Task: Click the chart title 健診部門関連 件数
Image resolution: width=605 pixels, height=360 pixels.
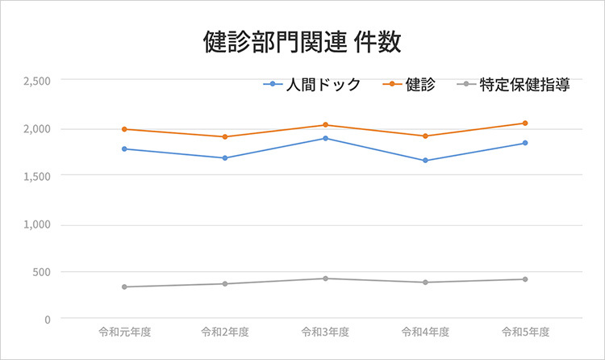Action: click(302, 42)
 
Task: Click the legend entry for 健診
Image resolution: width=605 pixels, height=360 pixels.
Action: click(419, 85)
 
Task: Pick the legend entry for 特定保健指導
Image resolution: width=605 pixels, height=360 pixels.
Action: click(524, 85)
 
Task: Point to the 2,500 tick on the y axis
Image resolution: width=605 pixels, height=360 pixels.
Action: click(37, 81)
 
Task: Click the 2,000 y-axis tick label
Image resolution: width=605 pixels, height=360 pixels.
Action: click(37, 129)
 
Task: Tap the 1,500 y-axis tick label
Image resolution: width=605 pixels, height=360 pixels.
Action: click(37, 176)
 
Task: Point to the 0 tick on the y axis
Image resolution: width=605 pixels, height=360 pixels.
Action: click(47, 319)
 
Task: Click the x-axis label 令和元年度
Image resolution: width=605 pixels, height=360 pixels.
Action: click(124, 332)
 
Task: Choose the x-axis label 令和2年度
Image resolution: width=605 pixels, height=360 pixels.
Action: click(225, 332)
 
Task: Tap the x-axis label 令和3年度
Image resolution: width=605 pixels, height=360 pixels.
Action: click(325, 332)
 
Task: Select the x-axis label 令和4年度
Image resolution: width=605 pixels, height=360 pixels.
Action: click(425, 332)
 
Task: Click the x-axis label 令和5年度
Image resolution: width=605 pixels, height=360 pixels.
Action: click(525, 332)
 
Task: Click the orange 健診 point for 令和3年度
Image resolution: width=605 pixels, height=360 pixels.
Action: click(325, 125)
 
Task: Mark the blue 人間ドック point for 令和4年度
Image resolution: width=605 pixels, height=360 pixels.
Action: click(425, 161)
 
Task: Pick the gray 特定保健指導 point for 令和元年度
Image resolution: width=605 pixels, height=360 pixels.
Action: click(124, 287)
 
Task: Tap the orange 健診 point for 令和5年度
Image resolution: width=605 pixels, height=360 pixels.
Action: click(525, 123)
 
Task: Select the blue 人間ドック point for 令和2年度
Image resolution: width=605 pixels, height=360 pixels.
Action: click(225, 158)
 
